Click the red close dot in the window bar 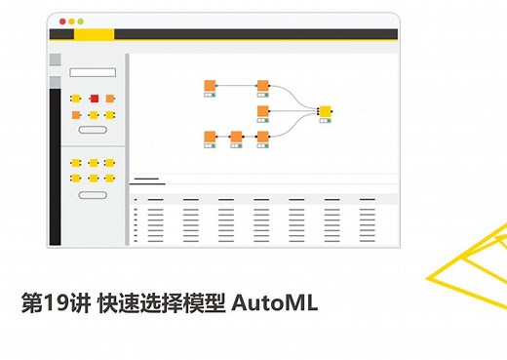[x=62, y=21]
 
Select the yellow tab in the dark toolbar [x=94, y=35]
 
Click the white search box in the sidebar [x=93, y=72]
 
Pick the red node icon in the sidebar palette [x=94, y=99]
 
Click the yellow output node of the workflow [x=325, y=111]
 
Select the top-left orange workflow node [x=210, y=86]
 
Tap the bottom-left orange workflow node [x=210, y=137]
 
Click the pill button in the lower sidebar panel [x=93, y=195]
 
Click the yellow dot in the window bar [x=71, y=21]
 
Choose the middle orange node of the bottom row [x=236, y=137]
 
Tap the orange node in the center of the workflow [x=262, y=111]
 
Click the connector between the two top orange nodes [x=236, y=86]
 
